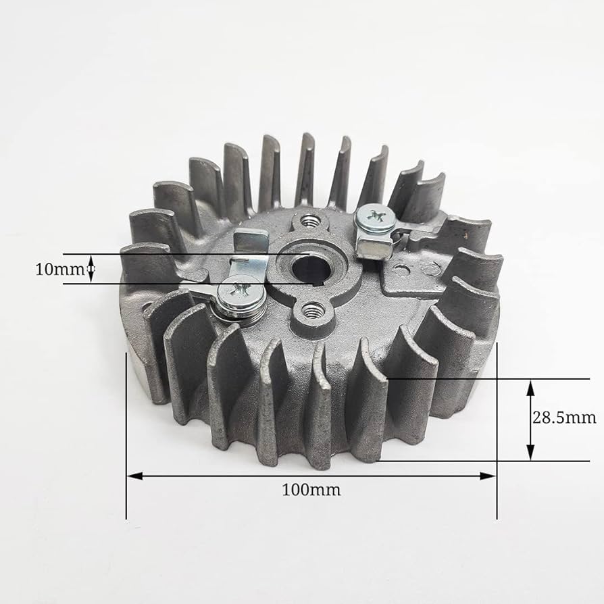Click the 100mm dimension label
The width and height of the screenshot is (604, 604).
[311, 490]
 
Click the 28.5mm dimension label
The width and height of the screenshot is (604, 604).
[564, 418]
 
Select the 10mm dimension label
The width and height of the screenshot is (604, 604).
[59, 270]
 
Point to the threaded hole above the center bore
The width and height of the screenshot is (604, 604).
[309, 222]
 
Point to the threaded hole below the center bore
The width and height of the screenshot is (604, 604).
[311, 310]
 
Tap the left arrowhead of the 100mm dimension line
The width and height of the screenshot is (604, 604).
[135, 476]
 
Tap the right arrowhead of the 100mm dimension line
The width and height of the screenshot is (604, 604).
[488, 476]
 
